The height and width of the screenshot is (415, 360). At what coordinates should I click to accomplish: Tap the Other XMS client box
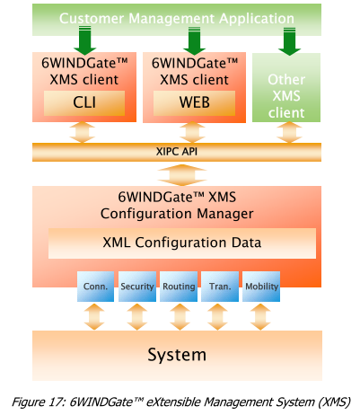tap(286, 97)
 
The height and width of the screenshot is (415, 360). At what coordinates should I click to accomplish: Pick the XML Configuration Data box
tap(182, 243)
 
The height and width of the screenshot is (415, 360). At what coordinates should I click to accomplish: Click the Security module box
tap(136, 287)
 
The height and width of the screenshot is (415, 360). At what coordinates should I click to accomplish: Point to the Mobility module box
tap(261, 287)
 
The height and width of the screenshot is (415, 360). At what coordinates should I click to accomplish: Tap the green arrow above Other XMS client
tap(286, 40)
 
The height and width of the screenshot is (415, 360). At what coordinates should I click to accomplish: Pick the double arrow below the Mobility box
tap(261, 316)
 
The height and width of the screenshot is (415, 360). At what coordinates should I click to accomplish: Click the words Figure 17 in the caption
tap(41, 400)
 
